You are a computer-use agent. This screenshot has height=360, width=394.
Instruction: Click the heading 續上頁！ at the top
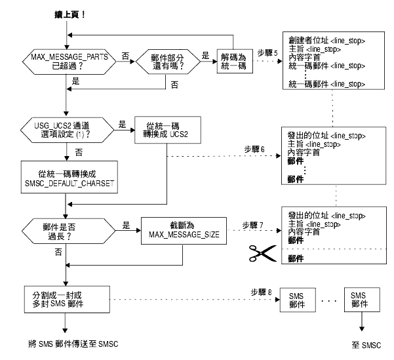point(70,14)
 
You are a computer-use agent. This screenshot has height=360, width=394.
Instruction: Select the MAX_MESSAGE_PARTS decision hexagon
point(69,62)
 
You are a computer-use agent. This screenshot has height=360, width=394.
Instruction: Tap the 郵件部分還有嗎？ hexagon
point(168,62)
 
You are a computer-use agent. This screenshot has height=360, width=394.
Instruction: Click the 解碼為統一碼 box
point(235,62)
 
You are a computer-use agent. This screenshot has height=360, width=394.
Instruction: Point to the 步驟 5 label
point(267,53)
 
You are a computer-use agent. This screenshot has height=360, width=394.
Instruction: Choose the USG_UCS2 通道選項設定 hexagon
point(67,130)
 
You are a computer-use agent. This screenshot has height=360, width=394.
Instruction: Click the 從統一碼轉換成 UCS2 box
point(168,130)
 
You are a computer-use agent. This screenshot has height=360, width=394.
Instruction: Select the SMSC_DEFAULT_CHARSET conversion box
point(69,177)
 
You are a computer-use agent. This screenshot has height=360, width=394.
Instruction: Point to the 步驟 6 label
point(254,150)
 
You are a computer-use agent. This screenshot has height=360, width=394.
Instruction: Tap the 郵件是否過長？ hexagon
point(68,231)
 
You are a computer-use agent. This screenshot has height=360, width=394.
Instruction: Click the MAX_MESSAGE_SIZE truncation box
point(184,231)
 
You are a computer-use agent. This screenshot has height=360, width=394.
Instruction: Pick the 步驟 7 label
point(252,225)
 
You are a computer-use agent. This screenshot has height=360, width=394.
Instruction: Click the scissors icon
point(263,253)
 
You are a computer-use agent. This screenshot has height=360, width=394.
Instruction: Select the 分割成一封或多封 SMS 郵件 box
point(67,300)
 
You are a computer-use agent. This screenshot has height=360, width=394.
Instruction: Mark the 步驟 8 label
point(261,292)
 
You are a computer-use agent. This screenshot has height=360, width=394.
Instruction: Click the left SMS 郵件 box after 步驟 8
point(298,300)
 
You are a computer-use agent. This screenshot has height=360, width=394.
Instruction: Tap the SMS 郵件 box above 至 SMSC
point(362,300)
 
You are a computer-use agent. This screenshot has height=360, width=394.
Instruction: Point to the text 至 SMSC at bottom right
point(366,345)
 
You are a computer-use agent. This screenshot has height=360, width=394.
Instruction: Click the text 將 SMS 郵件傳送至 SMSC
point(73,344)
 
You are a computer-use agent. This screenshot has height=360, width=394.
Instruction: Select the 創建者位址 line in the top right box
point(326,40)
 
